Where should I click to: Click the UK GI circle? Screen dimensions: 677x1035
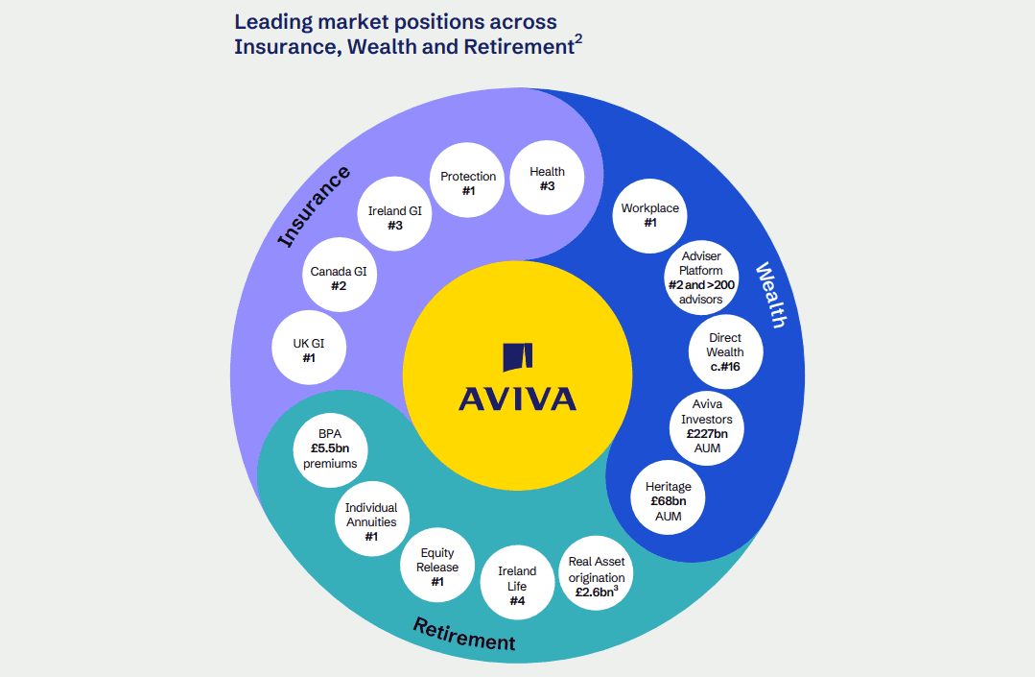309,350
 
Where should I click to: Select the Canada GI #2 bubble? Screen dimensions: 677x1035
338,278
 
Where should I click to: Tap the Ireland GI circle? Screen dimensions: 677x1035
394,217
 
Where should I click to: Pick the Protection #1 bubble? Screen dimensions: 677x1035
468,182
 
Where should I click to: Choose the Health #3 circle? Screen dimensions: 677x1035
547,178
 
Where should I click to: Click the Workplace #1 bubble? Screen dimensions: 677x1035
649,215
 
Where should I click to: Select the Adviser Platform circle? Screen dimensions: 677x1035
701,277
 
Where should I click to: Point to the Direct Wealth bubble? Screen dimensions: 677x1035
726,351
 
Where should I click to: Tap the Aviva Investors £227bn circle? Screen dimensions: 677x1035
707,426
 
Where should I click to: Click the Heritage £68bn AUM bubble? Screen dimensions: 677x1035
668,500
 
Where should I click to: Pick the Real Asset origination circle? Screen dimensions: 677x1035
596,576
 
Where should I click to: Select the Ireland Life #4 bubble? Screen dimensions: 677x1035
517,585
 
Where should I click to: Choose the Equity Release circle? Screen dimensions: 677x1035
437,567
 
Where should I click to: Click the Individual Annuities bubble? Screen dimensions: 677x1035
371,521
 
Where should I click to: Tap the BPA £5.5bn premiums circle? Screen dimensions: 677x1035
330,448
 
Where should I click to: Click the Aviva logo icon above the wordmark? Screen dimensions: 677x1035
517,356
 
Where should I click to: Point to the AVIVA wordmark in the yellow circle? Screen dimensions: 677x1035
517,398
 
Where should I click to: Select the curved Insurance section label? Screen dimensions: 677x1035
314,206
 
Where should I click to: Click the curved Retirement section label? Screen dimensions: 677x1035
464,634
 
